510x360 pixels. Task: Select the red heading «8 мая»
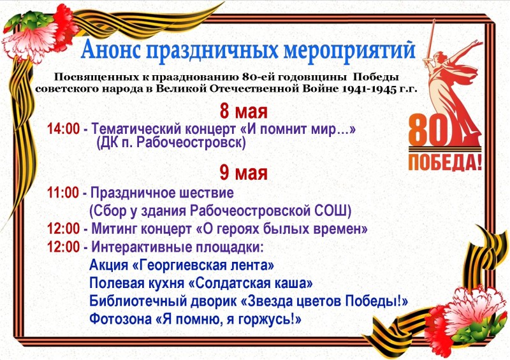(x=244, y=112)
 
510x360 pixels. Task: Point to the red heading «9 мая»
(x=244, y=173)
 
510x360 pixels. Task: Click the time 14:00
(x=63, y=129)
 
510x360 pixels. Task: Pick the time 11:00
(x=63, y=193)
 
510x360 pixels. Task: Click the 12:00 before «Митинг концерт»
(x=63, y=229)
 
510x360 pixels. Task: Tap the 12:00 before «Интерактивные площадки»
(x=63, y=247)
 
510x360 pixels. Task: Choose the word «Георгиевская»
(x=178, y=265)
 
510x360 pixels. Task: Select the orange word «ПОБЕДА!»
(x=444, y=162)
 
